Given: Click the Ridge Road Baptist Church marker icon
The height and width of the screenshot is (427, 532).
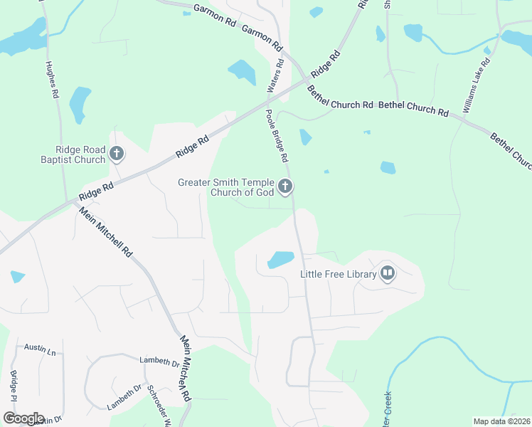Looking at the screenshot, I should (x=117, y=152).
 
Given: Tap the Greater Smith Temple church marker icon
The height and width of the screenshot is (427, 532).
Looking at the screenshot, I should (x=285, y=186).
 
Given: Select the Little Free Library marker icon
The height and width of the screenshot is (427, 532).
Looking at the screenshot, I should (x=388, y=273).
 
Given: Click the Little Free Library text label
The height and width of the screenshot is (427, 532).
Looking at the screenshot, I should (x=338, y=273).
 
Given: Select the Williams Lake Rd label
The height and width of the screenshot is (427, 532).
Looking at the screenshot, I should (x=477, y=85).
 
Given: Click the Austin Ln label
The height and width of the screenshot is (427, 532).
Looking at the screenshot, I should (x=40, y=348).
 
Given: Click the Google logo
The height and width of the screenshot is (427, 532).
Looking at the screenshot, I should (x=23, y=418).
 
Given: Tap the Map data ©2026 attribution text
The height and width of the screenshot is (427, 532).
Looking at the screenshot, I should (x=501, y=421).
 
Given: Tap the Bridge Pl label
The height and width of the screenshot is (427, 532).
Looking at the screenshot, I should (x=14, y=387).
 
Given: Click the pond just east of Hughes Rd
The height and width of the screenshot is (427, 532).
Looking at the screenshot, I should (x=80, y=104).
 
